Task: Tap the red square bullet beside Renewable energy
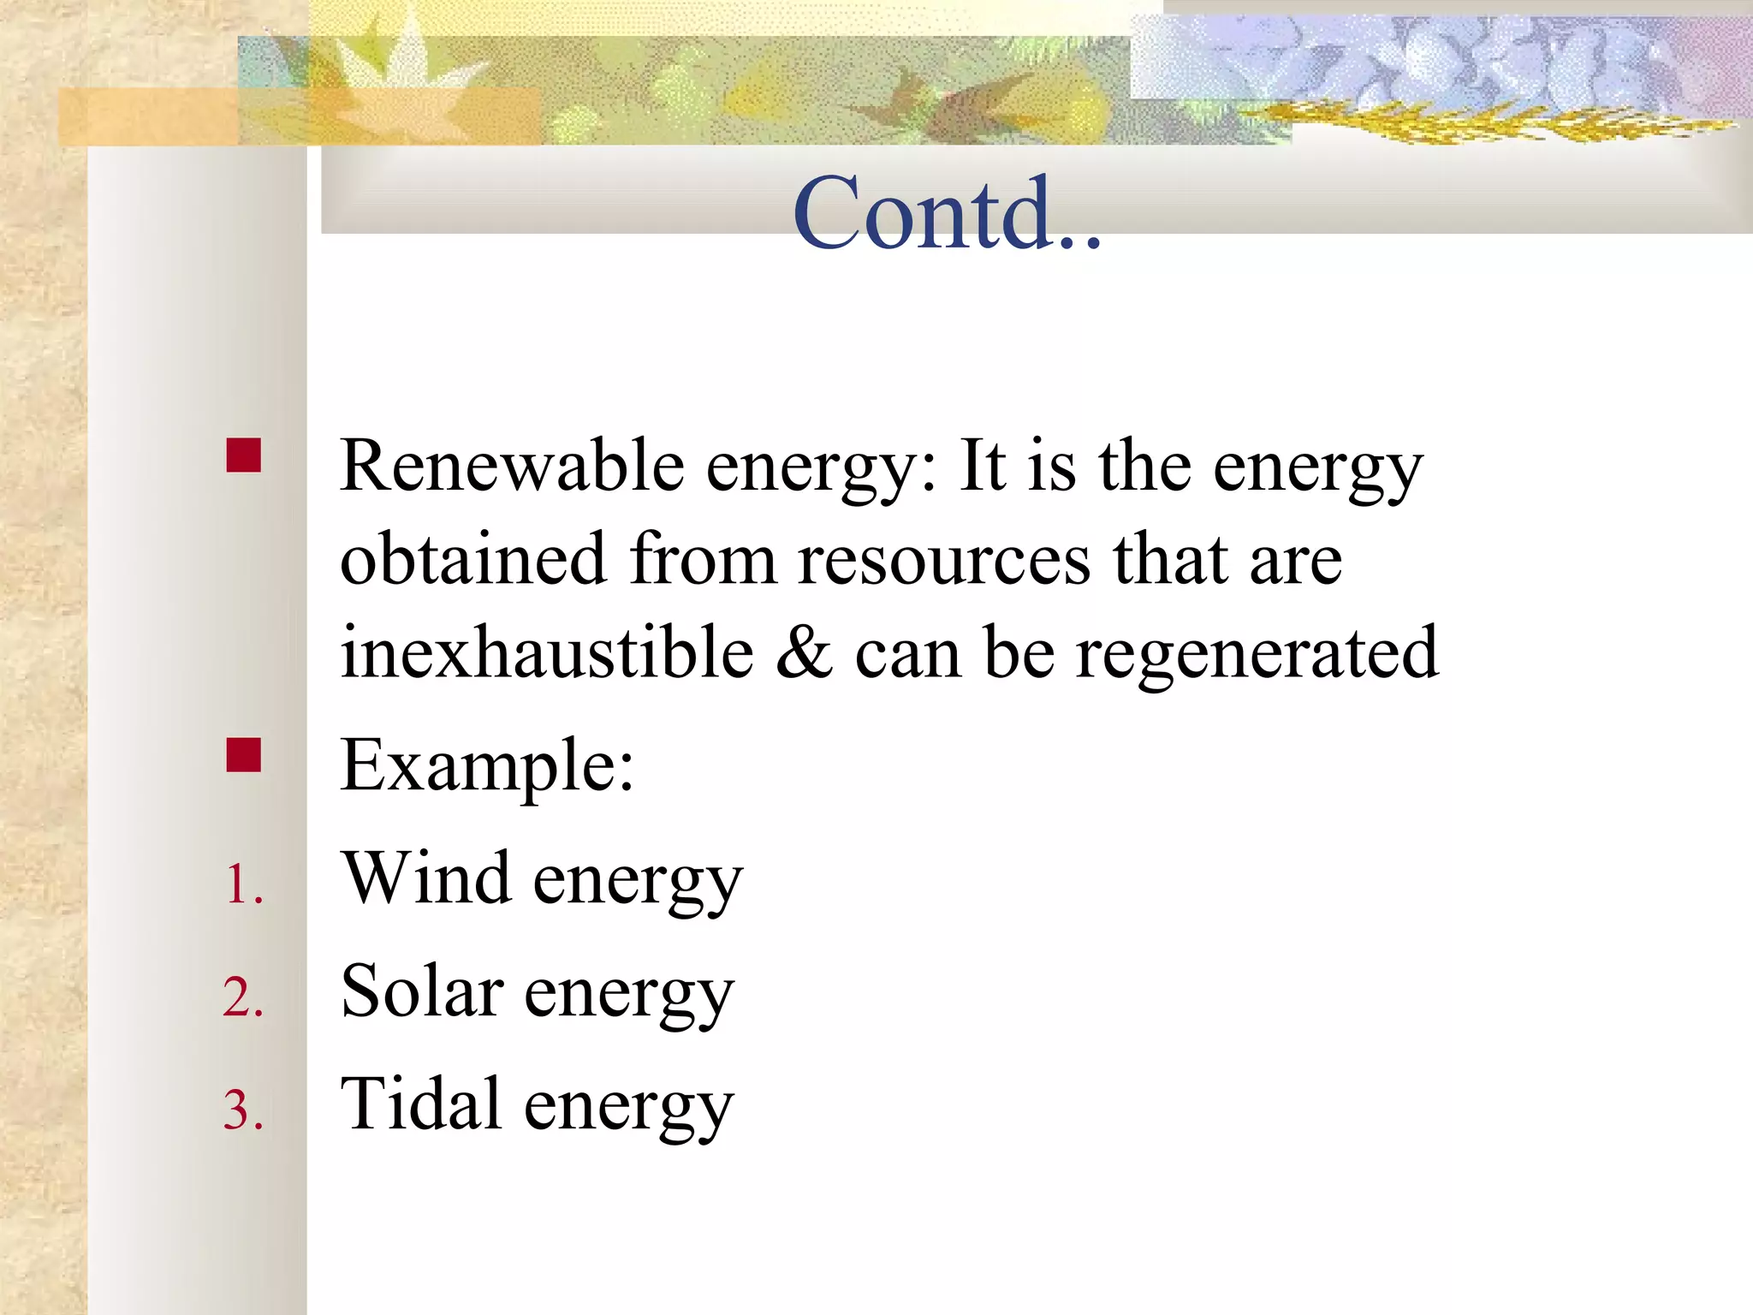(x=244, y=455)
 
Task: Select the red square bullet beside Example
(x=244, y=755)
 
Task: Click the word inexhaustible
(x=547, y=652)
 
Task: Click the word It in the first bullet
(x=982, y=467)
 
